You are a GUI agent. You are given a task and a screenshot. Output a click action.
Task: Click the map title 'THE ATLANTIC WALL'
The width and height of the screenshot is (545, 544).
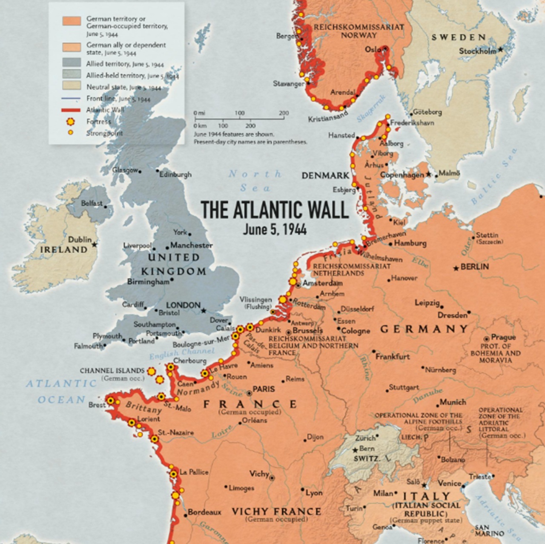click(275, 209)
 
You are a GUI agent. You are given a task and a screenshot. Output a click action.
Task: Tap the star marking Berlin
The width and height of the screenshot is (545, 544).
click(456, 268)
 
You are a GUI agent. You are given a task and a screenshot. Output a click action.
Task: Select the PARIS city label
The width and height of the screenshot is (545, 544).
click(264, 389)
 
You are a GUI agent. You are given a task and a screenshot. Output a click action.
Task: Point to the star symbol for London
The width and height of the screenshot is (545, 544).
click(204, 310)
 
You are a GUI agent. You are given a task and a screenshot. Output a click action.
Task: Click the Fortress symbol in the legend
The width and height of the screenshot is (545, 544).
click(71, 122)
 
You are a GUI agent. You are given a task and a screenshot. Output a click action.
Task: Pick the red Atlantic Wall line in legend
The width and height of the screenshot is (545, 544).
click(71, 110)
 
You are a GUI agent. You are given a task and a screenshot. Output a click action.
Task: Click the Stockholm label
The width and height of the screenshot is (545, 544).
click(477, 51)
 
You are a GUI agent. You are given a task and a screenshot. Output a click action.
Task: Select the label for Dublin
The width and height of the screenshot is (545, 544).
click(80, 239)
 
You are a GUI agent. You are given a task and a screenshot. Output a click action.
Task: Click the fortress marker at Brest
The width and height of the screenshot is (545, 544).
click(111, 401)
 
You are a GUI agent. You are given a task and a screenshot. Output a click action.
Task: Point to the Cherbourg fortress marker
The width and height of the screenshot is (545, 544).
click(171, 367)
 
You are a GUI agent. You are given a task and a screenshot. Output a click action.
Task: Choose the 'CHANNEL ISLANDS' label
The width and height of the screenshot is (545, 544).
click(112, 371)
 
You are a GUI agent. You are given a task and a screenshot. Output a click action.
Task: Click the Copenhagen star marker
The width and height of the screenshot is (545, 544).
click(429, 175)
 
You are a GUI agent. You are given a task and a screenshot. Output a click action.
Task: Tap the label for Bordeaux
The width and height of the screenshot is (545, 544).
click(204, 512)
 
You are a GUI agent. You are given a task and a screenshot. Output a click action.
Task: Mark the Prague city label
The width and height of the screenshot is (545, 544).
click(503, 337)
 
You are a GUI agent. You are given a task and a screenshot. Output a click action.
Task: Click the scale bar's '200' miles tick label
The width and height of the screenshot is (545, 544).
click(284, 113)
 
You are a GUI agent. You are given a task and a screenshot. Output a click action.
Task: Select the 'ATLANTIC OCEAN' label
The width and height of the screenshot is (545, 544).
click(62, 391)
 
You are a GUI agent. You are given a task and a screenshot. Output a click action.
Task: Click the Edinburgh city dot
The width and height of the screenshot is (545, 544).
click(157, 171)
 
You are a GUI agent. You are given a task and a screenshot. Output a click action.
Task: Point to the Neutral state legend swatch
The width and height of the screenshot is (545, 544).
click(71, 87)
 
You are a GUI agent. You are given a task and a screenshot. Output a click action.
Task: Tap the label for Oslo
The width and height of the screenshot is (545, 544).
click(373, 49)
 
